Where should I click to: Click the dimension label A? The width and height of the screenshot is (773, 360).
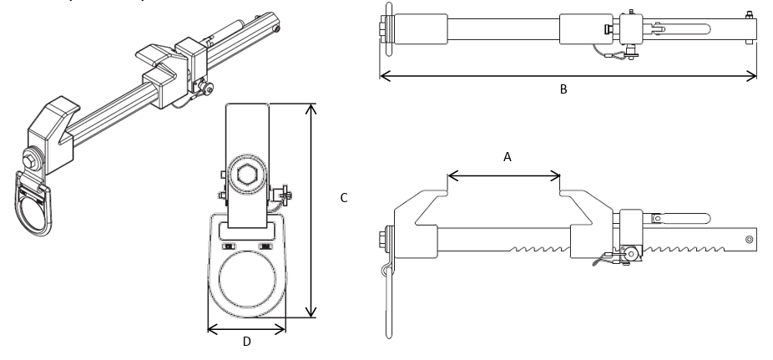click(507, 156)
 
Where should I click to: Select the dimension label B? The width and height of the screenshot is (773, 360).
click(563, 89)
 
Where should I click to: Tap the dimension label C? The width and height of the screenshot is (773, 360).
click(343, 198)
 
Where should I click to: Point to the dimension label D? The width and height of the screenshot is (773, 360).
click(246, 341)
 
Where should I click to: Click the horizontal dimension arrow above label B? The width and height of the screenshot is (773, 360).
click(568, 76)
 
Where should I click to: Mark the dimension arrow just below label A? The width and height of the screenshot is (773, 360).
click(504, 175)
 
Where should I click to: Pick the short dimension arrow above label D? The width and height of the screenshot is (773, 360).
click(246, 328)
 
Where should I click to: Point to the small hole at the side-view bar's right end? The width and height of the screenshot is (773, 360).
click(749, 240)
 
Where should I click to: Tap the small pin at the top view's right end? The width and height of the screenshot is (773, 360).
click(749, 13)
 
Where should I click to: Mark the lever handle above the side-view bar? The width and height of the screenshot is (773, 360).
click(676, 218)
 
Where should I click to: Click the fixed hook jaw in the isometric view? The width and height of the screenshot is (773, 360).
click(53, 126)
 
